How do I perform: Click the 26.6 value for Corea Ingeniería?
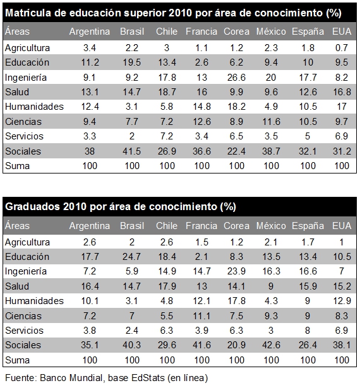click(x=236, y=78)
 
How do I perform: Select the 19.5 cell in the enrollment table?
click(x=132, y=62)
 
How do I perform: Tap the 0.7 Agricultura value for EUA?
click(x=342, y=48)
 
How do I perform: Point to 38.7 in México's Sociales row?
click(x=271, y=151)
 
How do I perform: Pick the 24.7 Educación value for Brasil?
click(x=132, y=257)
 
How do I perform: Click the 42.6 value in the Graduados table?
click(x=271, y=345)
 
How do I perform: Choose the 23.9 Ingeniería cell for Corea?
click(x=236, y=271)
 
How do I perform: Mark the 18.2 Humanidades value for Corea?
click(x=236, y=107)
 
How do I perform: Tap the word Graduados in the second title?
click(x=33, y=207)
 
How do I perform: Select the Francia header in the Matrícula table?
click(x=201, y=32)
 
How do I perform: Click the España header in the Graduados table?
click(x=308, y=226)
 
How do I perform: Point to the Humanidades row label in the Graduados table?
click(x=35, y=301)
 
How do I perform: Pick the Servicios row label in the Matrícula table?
click(x=24, y=136)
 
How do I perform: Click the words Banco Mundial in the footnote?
click(x=71, y=378)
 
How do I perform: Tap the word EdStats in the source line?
click(x=148, y=378)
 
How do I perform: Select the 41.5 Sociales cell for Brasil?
click(x=132, y=151)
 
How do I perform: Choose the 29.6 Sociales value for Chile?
click(x=167, y=345)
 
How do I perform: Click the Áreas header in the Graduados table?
click(x=17, y=226)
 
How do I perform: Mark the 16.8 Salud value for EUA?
click(x=342, y=92)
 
